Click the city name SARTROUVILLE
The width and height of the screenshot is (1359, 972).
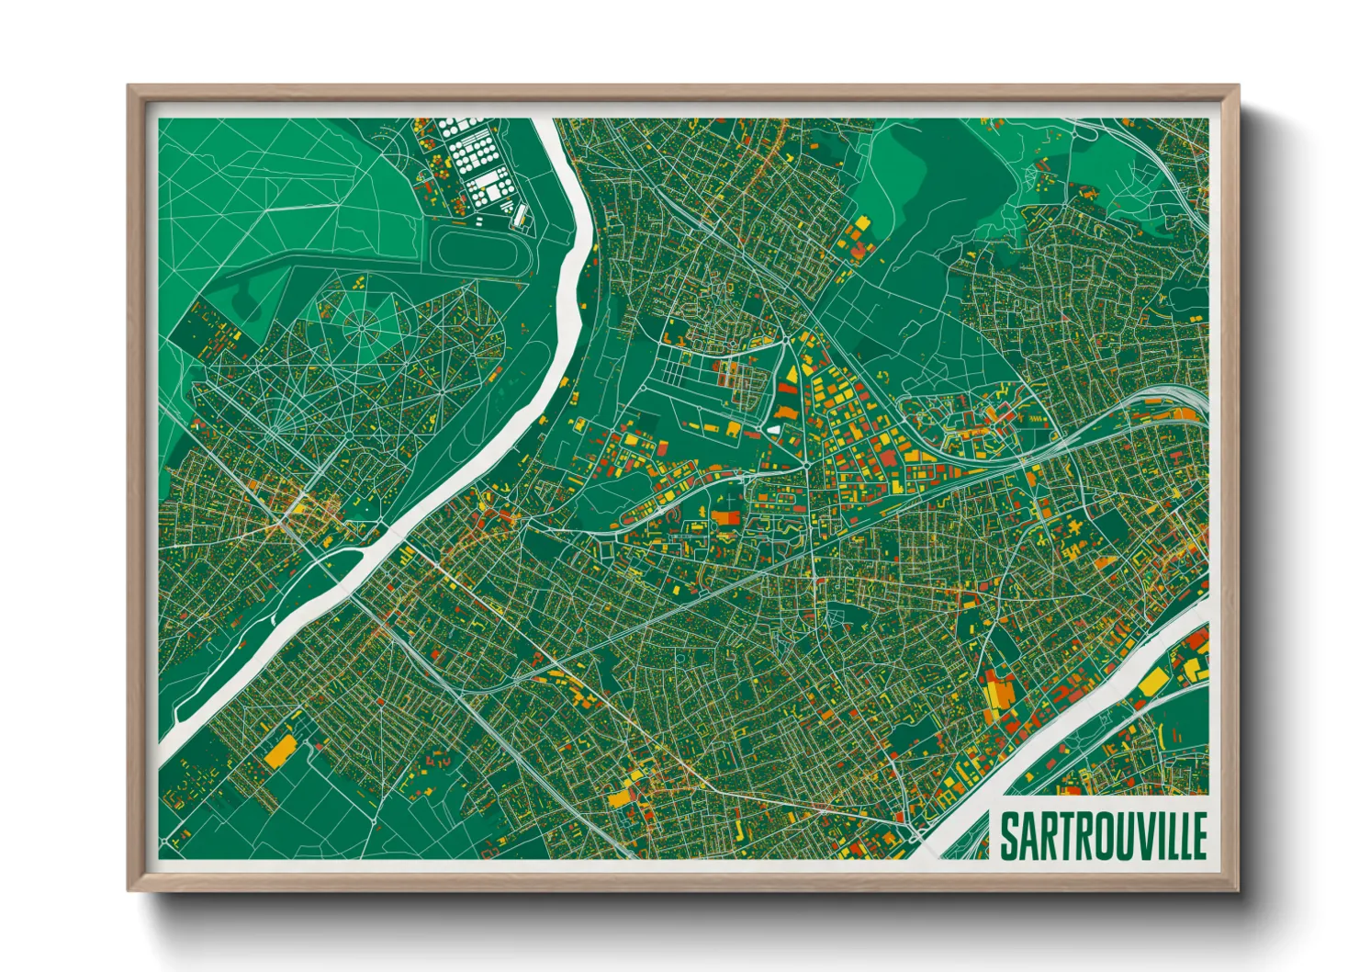pyautogui.click(x=1103, y=836)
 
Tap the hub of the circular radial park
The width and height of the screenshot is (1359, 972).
pyautogui.click(x=361, y=323)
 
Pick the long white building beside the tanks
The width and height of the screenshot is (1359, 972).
pyautogui.click(x=520, y=216)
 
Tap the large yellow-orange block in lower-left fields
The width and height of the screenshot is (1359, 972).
pyautogui.click(x=280, y=751)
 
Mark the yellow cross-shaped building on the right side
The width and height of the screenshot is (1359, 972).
pyautogui.click(x=1071, y=532)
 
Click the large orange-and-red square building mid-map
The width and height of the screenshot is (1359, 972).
pyautogui.click(x=726, y=516)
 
